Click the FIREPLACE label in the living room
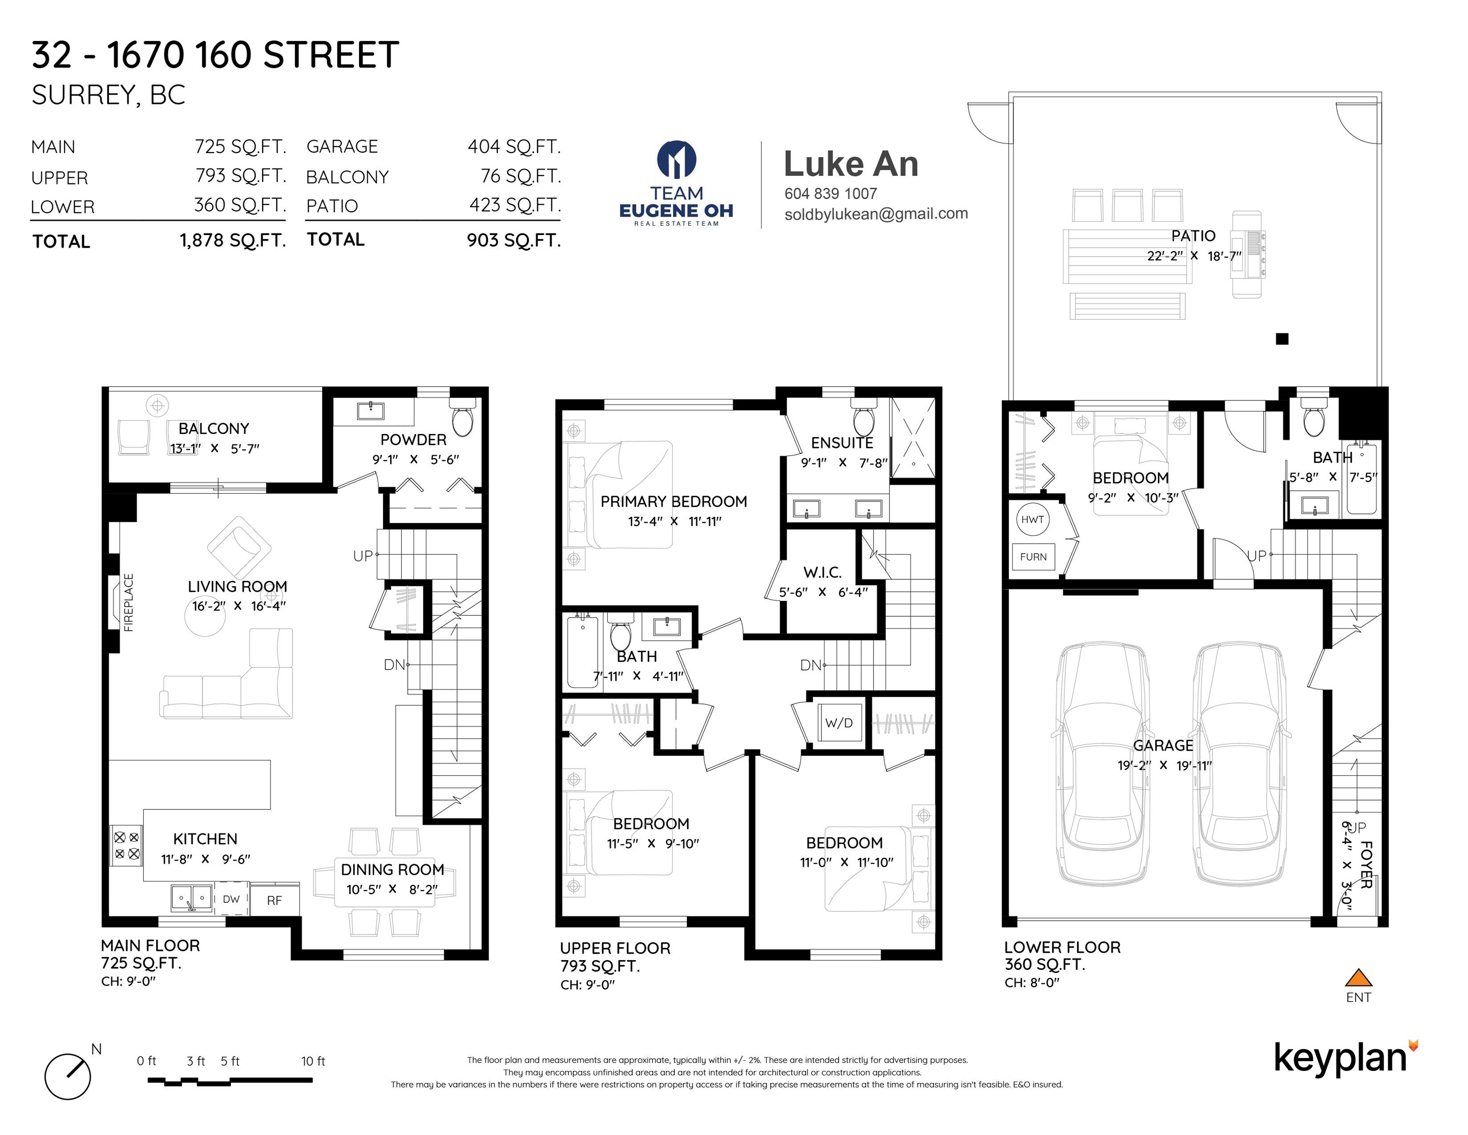click(129, 602)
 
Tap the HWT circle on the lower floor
click(1033, 519)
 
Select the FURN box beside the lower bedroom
click(1033, 557)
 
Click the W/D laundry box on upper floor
click(839, 723)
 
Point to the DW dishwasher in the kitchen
click(231, 899)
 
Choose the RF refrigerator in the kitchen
click(274, 900)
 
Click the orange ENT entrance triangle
click(1359, 977)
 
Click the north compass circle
click(68, 1076)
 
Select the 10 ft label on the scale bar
click(313, 1061)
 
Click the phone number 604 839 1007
click(831, 194)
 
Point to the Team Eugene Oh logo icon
click(676, 160)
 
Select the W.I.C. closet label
click(823, 572)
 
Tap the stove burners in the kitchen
click(127, 845)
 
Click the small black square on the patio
click(1282, 339)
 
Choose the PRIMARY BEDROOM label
click(674, 501)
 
